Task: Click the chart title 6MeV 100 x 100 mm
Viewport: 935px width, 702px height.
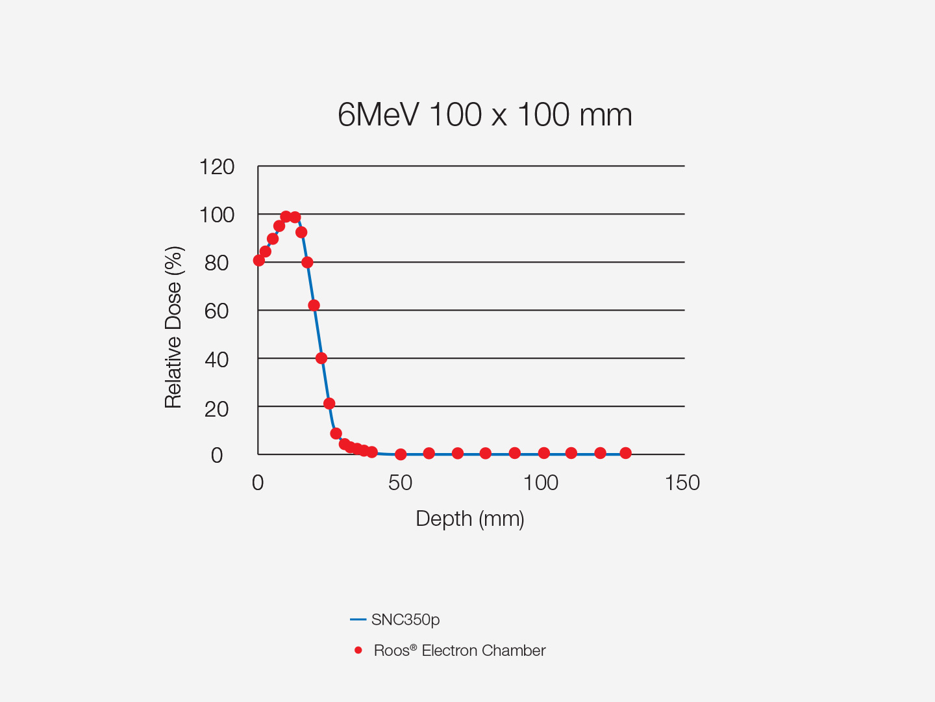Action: [x=484, y=115]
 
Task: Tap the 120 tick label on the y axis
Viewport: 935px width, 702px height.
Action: [x=217, y=167]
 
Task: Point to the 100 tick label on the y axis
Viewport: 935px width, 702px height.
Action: [x=217, y=215]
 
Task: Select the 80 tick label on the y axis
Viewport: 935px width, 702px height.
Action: [x=216, y=263]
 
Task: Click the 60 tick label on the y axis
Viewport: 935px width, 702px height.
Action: [x=216, y=311]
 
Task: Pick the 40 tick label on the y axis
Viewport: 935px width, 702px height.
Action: [x=216, y=359]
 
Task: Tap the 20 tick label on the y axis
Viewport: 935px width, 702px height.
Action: [x=216, y=409]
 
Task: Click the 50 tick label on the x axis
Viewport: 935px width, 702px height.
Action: [x=400, y=483]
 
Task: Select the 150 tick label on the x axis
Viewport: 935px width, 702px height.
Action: [x=682, y=483]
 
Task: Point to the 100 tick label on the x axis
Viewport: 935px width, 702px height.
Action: [x=541, y=483]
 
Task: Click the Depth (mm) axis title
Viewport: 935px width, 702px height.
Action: [x=469, y=519]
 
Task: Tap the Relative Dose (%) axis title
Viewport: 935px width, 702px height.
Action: [x=173, y=327]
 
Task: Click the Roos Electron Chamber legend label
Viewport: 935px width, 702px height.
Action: [x=460, y=651]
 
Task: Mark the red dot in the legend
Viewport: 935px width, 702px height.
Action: [x=358, y=650]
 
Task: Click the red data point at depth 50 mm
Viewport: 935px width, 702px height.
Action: [x=401, y=454]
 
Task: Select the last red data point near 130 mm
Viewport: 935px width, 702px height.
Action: [x=625, y=453]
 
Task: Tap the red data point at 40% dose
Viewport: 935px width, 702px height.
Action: [x=321, y=358]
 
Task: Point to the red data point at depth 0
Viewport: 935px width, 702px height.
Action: [x=259, y=261]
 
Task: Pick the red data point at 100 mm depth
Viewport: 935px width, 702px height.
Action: [x=544, y=453]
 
